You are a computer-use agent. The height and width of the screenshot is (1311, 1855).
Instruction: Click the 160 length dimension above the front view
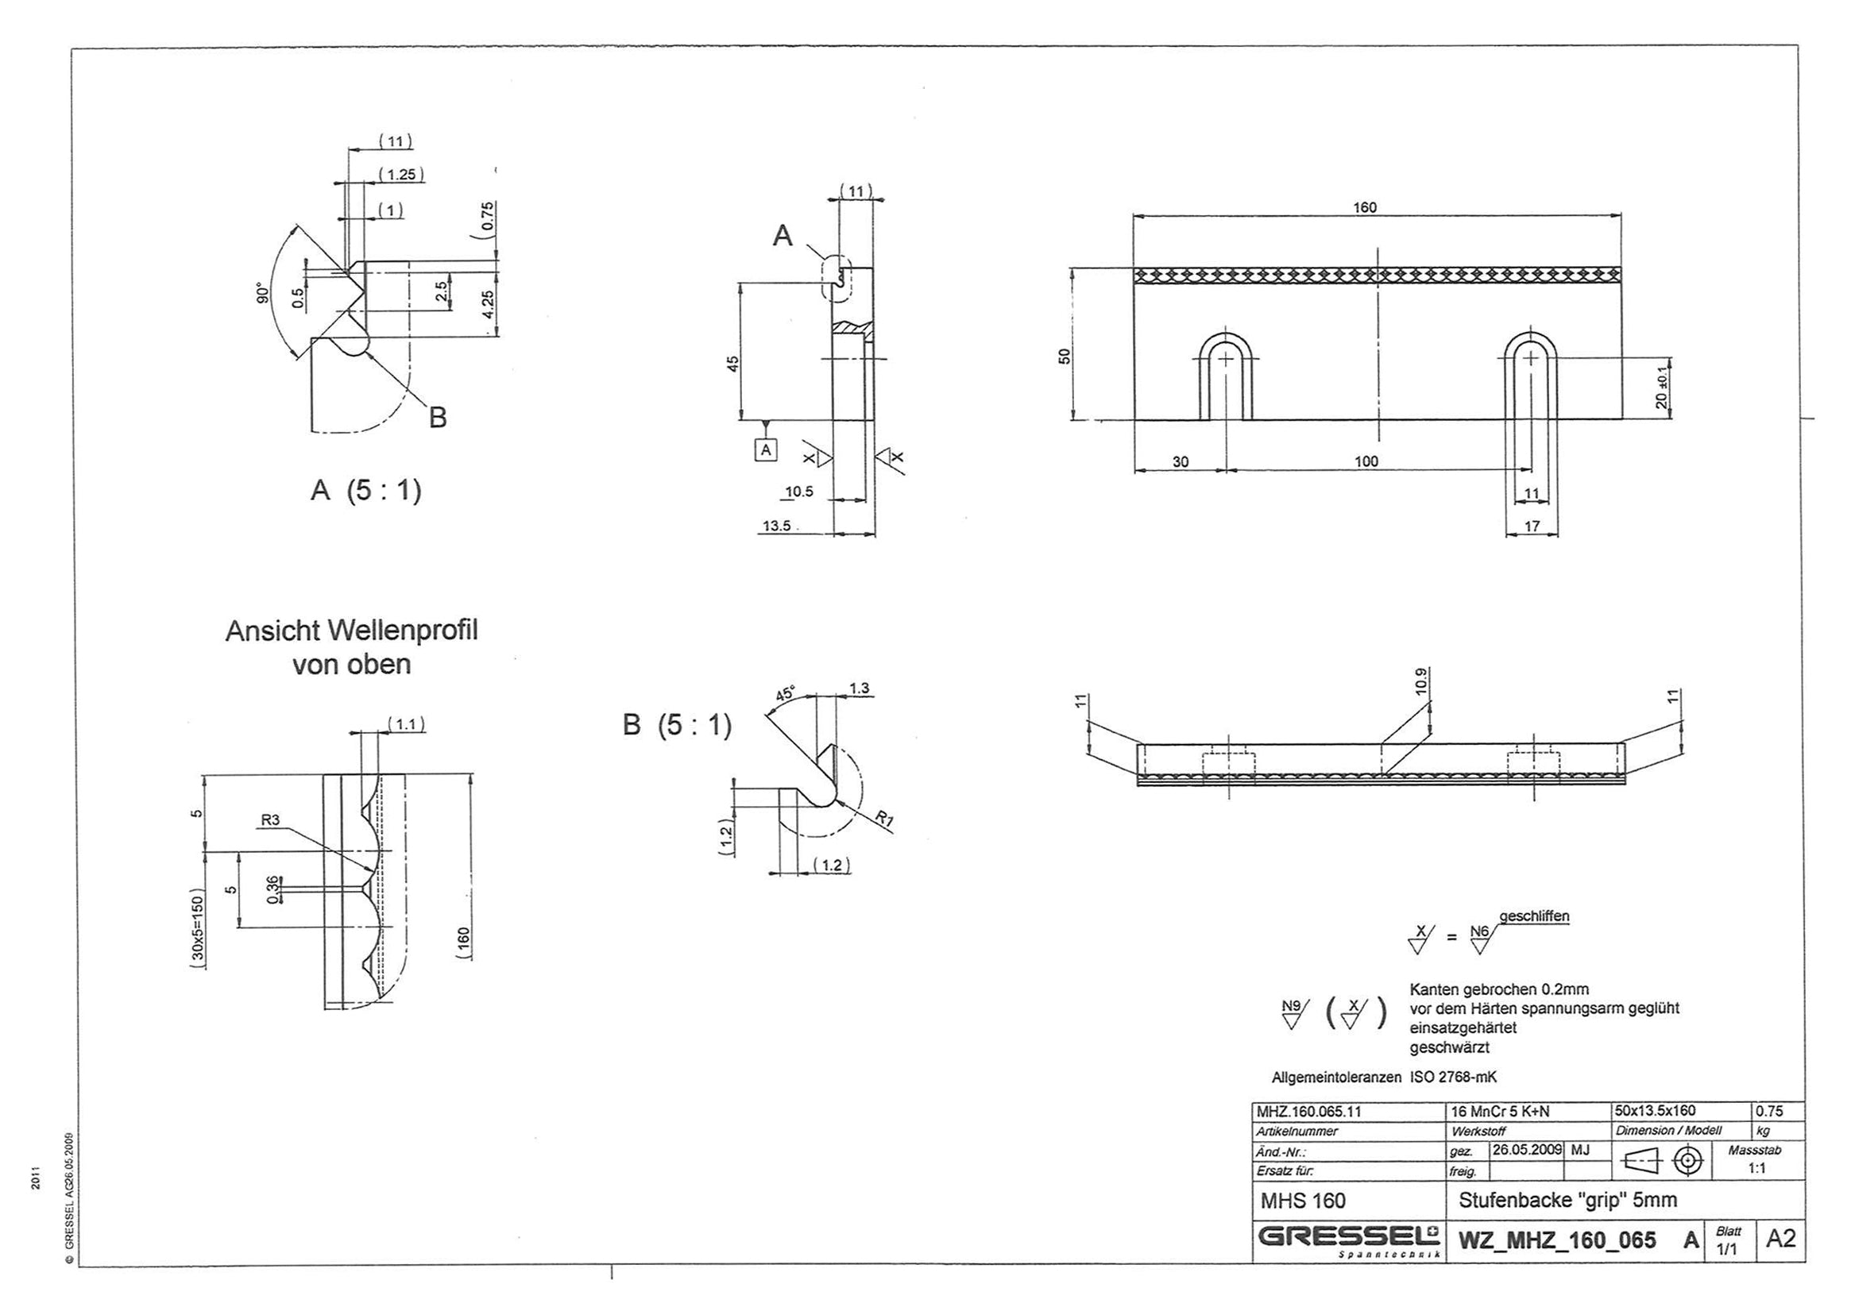coord(1365,206)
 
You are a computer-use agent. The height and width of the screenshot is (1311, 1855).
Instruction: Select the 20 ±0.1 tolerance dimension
coord(1661,388)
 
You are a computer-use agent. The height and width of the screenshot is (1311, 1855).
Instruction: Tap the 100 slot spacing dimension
coord(1366,461)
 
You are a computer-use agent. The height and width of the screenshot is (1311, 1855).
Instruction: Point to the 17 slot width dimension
coord(1531,526)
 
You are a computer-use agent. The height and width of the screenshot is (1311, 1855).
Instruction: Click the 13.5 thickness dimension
coord(775,526)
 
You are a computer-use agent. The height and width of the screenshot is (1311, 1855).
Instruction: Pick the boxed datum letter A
coord(766,449)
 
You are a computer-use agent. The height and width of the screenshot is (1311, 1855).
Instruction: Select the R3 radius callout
coord(270,821)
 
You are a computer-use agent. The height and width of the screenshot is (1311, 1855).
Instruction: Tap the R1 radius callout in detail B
coord(885,822)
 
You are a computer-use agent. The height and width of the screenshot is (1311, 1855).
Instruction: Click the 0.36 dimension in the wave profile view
coord(272,889)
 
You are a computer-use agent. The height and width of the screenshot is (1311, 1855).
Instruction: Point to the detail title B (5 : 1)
coord(676,725)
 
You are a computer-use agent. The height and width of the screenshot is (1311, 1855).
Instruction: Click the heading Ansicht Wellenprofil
coord(351,630)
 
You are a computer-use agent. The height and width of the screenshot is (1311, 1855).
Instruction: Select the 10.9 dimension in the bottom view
coord(1421,683)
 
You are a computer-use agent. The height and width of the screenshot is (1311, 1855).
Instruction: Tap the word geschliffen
coord(1533,917)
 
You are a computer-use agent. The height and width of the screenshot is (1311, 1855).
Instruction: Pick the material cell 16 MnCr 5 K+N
coord(1500,1112)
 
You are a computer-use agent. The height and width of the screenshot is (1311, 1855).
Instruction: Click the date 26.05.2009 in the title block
coord(1525,1150)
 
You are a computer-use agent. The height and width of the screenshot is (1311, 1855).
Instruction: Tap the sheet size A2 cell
coord(1780,1238)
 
